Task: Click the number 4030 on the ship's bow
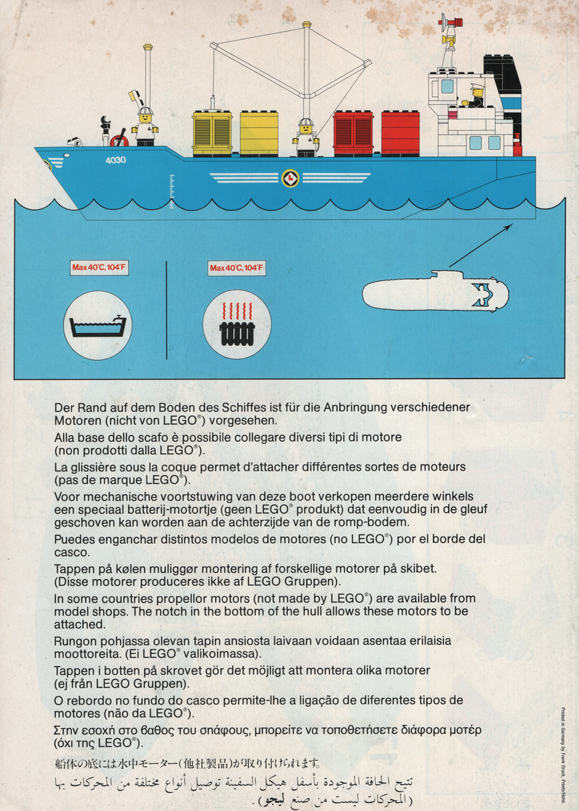pos(114,159)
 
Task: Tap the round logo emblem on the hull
pos(289,177)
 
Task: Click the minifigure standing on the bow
pos(145,127)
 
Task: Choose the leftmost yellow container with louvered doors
pos(212,133)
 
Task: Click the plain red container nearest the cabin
pos(400,133)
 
